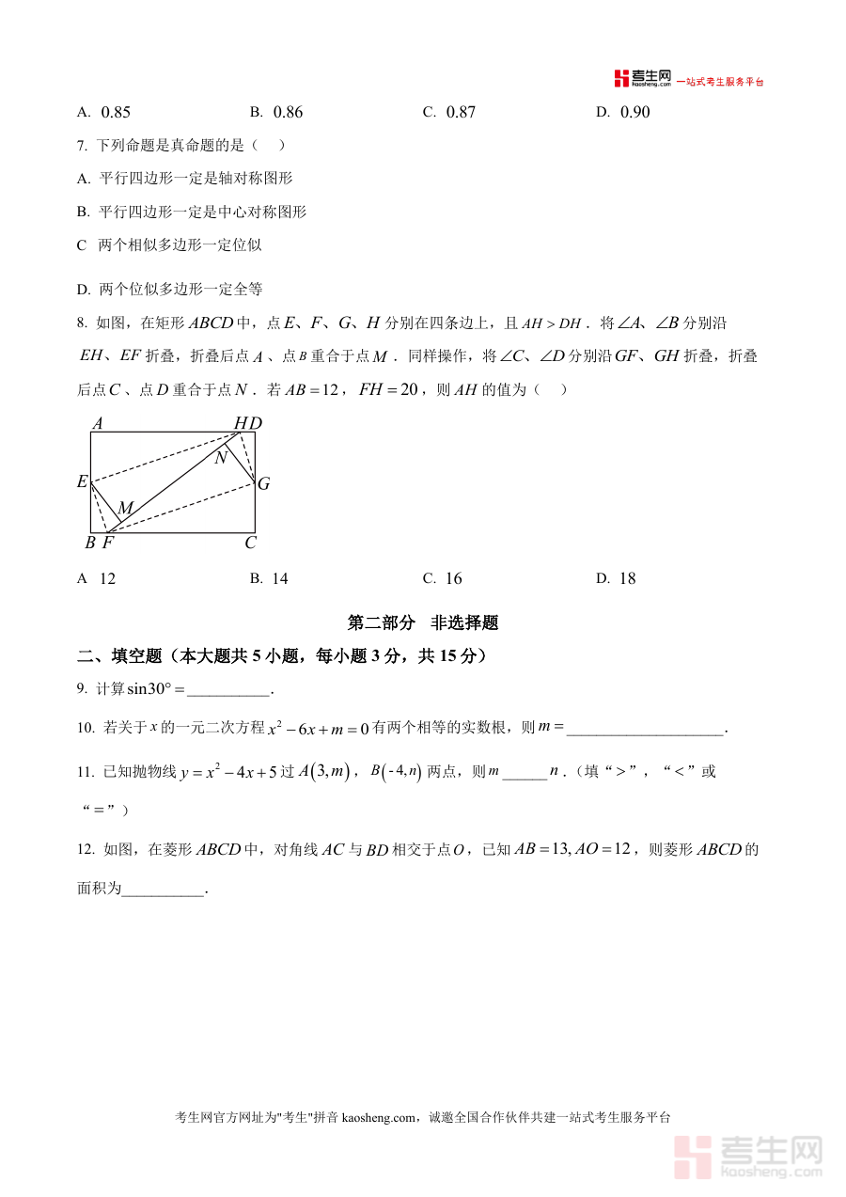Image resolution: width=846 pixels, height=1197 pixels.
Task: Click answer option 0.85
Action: click(x=115, y=113)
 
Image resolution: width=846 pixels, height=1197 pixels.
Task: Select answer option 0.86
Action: click(x=288, y=113)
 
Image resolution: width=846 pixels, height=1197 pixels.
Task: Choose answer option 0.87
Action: click(x=461, y=113)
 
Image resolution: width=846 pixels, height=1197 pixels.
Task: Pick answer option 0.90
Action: click(x=634, y=113)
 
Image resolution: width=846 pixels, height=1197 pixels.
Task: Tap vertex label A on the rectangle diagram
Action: click(x=97, y=424)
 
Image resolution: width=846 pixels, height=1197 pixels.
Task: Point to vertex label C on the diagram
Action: click(x=250, y=543)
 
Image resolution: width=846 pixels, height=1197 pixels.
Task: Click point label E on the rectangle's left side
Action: click(x=83, y=482)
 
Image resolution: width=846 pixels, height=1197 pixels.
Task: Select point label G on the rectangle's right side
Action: click(x=264, y=484)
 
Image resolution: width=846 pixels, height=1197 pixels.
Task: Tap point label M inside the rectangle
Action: click(x=125, y=509)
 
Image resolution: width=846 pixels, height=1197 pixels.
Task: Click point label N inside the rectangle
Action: click(x=221, y=458)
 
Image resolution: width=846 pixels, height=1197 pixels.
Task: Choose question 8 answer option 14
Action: click(x=279, y=579)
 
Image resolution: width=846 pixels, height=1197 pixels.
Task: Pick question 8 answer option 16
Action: click(x=453, y=579)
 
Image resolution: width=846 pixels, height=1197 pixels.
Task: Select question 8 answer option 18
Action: click(x=627, y=579)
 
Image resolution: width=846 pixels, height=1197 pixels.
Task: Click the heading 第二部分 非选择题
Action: click(x=422, y=622)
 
